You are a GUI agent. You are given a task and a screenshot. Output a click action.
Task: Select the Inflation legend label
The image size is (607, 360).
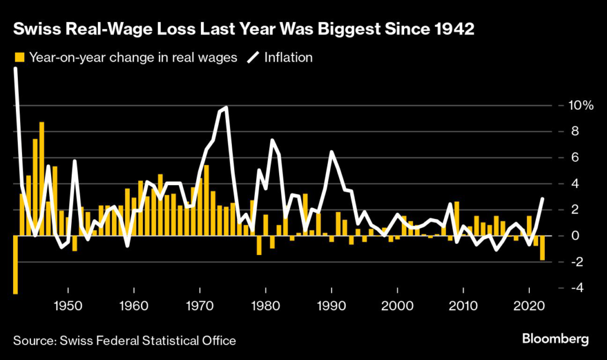click(x=288, y=58)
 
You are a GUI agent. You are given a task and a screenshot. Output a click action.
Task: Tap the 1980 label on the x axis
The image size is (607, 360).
click(x=266, y=307)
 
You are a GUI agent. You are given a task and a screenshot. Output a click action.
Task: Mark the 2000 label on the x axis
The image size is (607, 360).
click(x=397, y=307)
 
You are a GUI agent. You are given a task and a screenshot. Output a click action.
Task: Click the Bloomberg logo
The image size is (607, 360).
click(x=555, y=339)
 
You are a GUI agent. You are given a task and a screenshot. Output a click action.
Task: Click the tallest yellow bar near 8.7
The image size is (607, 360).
click(x=42, y=178)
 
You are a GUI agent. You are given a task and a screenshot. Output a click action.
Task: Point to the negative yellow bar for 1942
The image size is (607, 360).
click(x=15, y=265)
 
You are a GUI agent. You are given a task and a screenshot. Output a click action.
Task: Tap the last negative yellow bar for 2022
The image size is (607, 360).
click(x=542, y=248)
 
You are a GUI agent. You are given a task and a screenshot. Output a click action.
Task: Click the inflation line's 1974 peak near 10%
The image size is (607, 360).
click(x=226, y=109)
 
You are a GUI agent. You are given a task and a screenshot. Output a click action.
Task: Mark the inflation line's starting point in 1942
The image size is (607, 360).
click(x=15, y=69)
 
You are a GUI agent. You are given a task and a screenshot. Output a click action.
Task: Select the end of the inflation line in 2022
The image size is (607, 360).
click(x=542, y=199)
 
